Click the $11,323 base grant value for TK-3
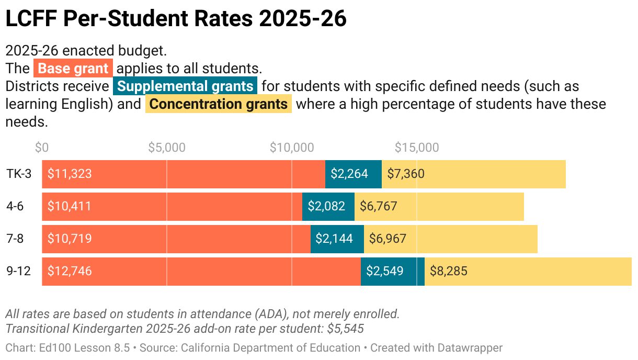70,174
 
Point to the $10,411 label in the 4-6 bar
70,206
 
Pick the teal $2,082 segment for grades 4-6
328,206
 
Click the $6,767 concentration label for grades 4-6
378,206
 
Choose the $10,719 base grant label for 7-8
70,239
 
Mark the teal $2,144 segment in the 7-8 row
337,239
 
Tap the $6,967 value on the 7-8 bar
388,239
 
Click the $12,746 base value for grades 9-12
70,271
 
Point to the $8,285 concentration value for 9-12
448,271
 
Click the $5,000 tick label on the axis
167,148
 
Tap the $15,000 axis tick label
417,148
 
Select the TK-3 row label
19,174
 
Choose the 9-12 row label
19,271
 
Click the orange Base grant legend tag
73,69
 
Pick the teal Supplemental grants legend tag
185,86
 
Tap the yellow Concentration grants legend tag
219,104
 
